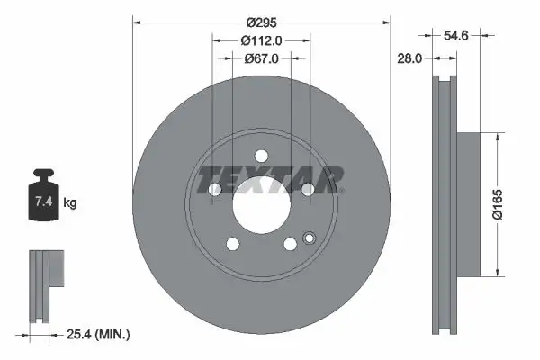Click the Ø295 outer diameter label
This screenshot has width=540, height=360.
[x=262, y=20]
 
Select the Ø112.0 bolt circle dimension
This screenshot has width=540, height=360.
[x=262, y=40]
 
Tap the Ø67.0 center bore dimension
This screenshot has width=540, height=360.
[x=262, y=58]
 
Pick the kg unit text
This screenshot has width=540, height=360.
[x=70, y=203]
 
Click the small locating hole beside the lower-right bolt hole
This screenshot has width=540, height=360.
[x=309, y=239]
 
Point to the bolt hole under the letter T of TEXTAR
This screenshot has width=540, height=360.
[x=215, y=190]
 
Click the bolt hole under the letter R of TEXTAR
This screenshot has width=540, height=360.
[x=308, y=189]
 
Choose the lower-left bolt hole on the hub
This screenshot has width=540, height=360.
[x=233, y=244]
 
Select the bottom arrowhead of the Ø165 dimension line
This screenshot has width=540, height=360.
[x=494, y=273]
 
